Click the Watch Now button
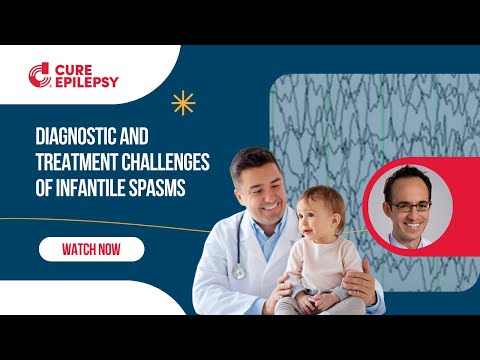click(x=91, y=248)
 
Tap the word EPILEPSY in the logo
click(x=87, y=82)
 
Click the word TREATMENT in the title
click(x=83, y=162)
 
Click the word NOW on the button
click(x=113, y=248)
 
